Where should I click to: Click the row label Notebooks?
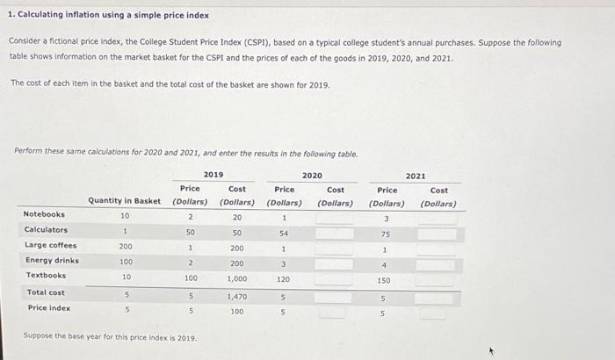point(44,214)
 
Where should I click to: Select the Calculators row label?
point(46,230)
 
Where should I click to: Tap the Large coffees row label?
point(50,246)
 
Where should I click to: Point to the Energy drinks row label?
point(52,261)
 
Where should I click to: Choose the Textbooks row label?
point(46,276)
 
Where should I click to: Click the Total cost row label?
point(46,292)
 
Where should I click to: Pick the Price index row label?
point(49,308)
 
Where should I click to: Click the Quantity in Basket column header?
point(124,201)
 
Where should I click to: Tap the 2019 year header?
point(213,175)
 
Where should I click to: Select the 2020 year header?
point(312,176)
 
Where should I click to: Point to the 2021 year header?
point(416,176)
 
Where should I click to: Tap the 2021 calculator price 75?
point(385,234)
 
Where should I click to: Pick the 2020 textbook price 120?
point(284,279)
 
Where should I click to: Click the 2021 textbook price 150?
point(384,280)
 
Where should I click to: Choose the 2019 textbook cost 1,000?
point(237,278)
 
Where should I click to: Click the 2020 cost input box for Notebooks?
point(335,218)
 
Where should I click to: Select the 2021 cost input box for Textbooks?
point(438,280)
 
